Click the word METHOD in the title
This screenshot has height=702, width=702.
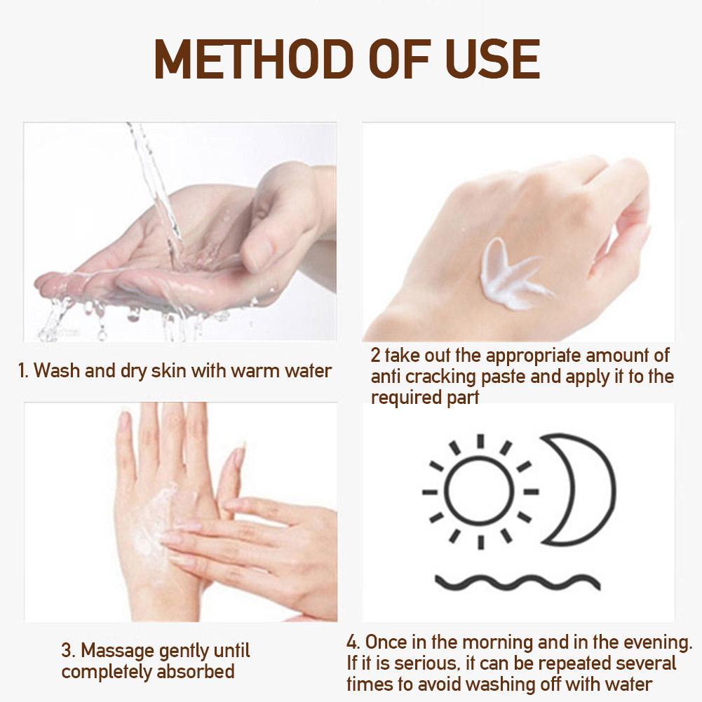pos(251,60)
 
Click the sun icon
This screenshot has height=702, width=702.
pos(480,491)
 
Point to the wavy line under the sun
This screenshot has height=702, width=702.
pos(518,581)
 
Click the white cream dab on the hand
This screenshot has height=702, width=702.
pos(513,274)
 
